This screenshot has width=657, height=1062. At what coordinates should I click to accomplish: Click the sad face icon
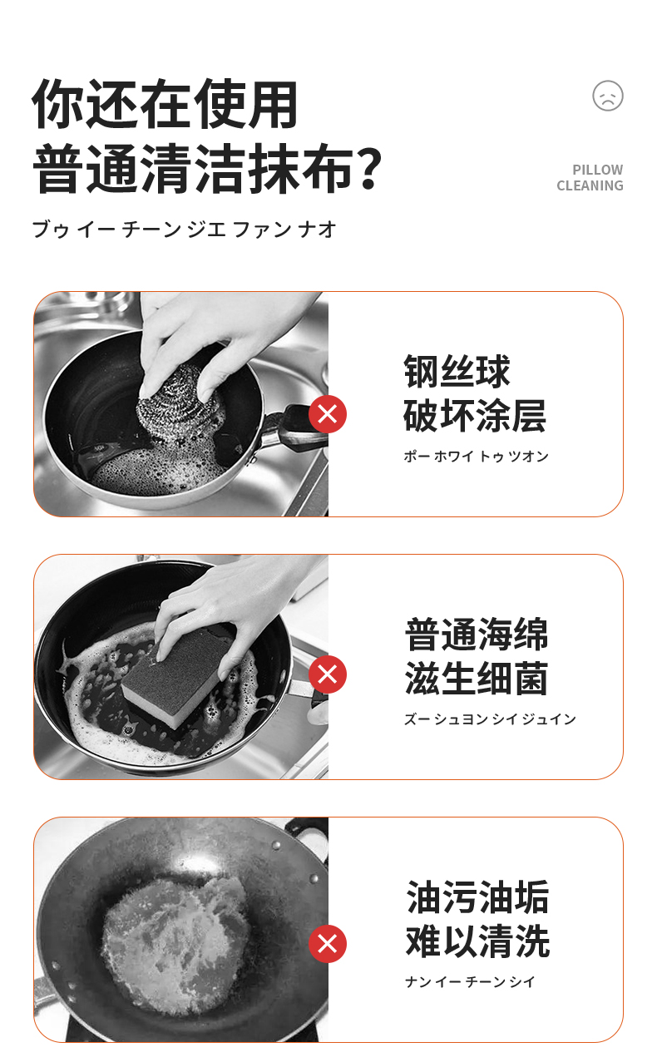pos(608,96)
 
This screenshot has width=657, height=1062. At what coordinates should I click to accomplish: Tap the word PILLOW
pos(597,170)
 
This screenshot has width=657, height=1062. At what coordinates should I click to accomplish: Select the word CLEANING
pos(590,185)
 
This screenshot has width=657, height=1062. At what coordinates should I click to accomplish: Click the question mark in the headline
pos(368,168)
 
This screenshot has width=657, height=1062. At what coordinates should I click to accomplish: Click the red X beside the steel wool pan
pos(328,414)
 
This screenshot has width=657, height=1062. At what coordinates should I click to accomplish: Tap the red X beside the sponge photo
pos(328,674)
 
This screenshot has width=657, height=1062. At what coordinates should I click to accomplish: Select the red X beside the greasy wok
pos(328,943)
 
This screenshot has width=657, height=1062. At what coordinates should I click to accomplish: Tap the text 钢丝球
pos(457,372)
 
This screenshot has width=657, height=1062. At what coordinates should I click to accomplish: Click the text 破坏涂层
pos(475,415)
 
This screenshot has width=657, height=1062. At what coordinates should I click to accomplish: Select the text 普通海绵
pos(477,635)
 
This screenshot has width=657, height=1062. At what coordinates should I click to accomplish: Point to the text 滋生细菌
pos(477,678)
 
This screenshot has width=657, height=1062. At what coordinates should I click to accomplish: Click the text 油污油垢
pos(478,897)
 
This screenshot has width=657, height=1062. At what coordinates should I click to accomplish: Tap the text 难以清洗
pos(478,941)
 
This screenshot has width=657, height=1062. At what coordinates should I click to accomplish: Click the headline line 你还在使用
pos(165,104)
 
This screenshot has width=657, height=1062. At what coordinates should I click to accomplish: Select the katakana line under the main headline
pos(185,230)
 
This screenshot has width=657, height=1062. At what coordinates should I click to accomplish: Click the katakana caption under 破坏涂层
pos(476,456)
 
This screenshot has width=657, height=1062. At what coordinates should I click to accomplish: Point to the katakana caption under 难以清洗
pos(470,981)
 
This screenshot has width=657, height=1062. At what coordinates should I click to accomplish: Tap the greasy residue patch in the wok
pos(176,943)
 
